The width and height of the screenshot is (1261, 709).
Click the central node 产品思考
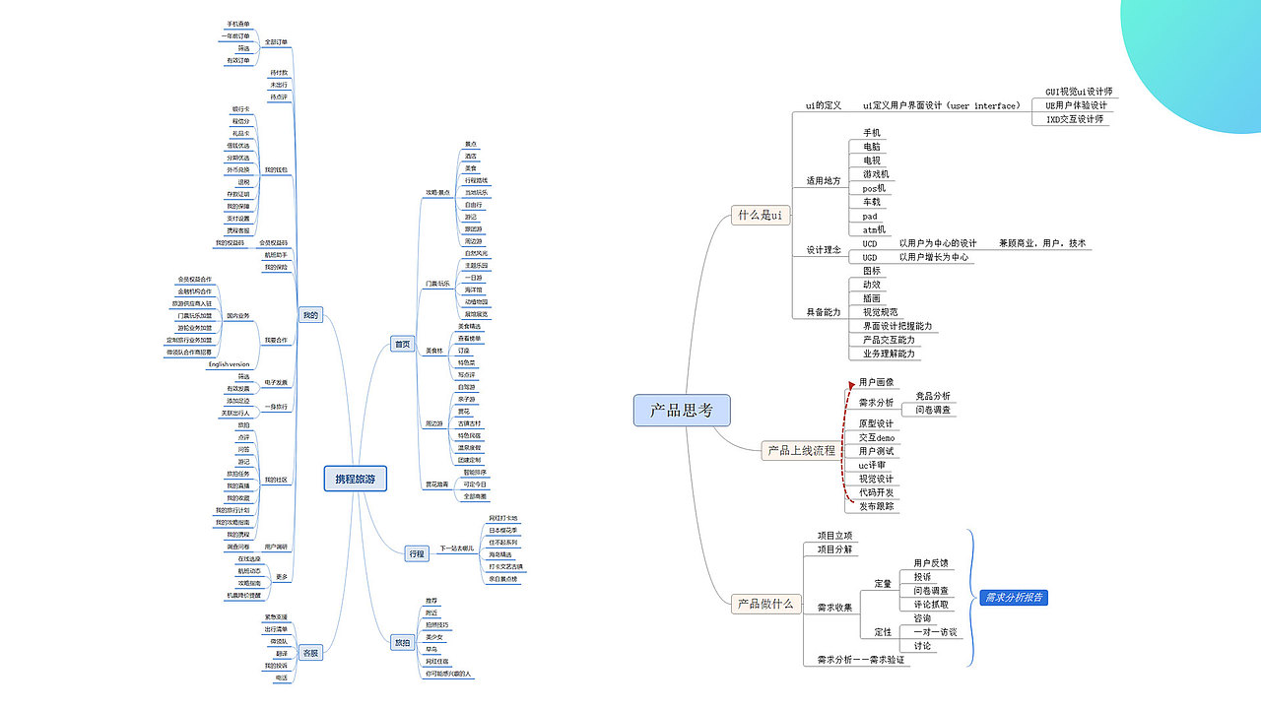pos(681,411)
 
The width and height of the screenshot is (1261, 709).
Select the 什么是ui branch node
pos(762,216)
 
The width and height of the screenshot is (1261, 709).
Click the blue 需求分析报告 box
pos(1015,598)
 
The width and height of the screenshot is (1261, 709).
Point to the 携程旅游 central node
pos(356,480)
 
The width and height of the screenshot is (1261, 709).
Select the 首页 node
pos(402,344)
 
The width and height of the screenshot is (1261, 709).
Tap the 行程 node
pos(417,553)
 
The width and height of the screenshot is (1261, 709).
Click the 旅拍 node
pos(403,642)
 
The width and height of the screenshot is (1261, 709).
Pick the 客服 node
pos(310,652)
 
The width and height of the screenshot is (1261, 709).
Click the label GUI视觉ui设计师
pos(1079,92)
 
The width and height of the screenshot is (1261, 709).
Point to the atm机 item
pos(874,230)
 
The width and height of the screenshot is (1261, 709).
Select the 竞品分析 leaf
pos(933,396)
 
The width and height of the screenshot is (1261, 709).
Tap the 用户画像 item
pos(876,382)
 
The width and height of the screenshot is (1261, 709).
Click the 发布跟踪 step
pos(878,506)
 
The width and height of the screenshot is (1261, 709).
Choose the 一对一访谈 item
pos(935,632)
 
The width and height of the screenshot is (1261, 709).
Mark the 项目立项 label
pos(834,535)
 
